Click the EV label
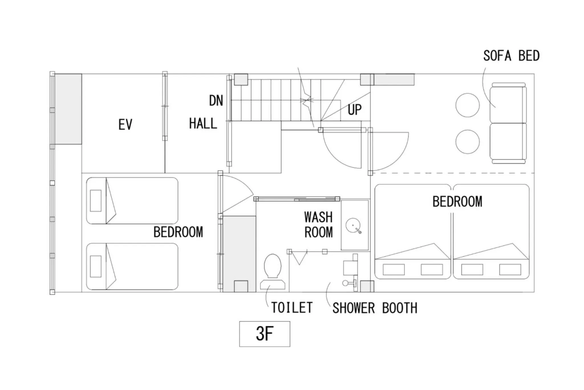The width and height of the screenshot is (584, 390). pos(125,125)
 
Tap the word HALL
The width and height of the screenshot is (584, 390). pos(203,124)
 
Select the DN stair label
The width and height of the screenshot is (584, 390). pos(216,101)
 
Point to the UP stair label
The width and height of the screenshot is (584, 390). pos(354,110)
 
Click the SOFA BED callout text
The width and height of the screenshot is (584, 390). pos(511,56)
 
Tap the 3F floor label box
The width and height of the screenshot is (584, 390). pos(264,334)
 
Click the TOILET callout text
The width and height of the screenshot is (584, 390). pos(292,308)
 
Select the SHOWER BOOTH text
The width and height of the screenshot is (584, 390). pos(375,308)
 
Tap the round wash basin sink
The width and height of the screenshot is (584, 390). pos(353,225)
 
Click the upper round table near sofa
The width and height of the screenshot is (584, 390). pos(467,105)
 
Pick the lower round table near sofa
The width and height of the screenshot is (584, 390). pos(467,142)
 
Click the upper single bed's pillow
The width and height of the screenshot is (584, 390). pos(96,201)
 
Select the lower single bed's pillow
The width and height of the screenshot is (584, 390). pos(96,266)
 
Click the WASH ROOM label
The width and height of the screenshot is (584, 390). pos(318,225)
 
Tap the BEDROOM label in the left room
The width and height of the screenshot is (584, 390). pos(178,232)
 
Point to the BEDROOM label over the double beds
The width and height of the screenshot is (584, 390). pos(457,202)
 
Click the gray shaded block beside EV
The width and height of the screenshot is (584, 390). pos(68,109)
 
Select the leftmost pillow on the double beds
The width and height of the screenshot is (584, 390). pos(394,269)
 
